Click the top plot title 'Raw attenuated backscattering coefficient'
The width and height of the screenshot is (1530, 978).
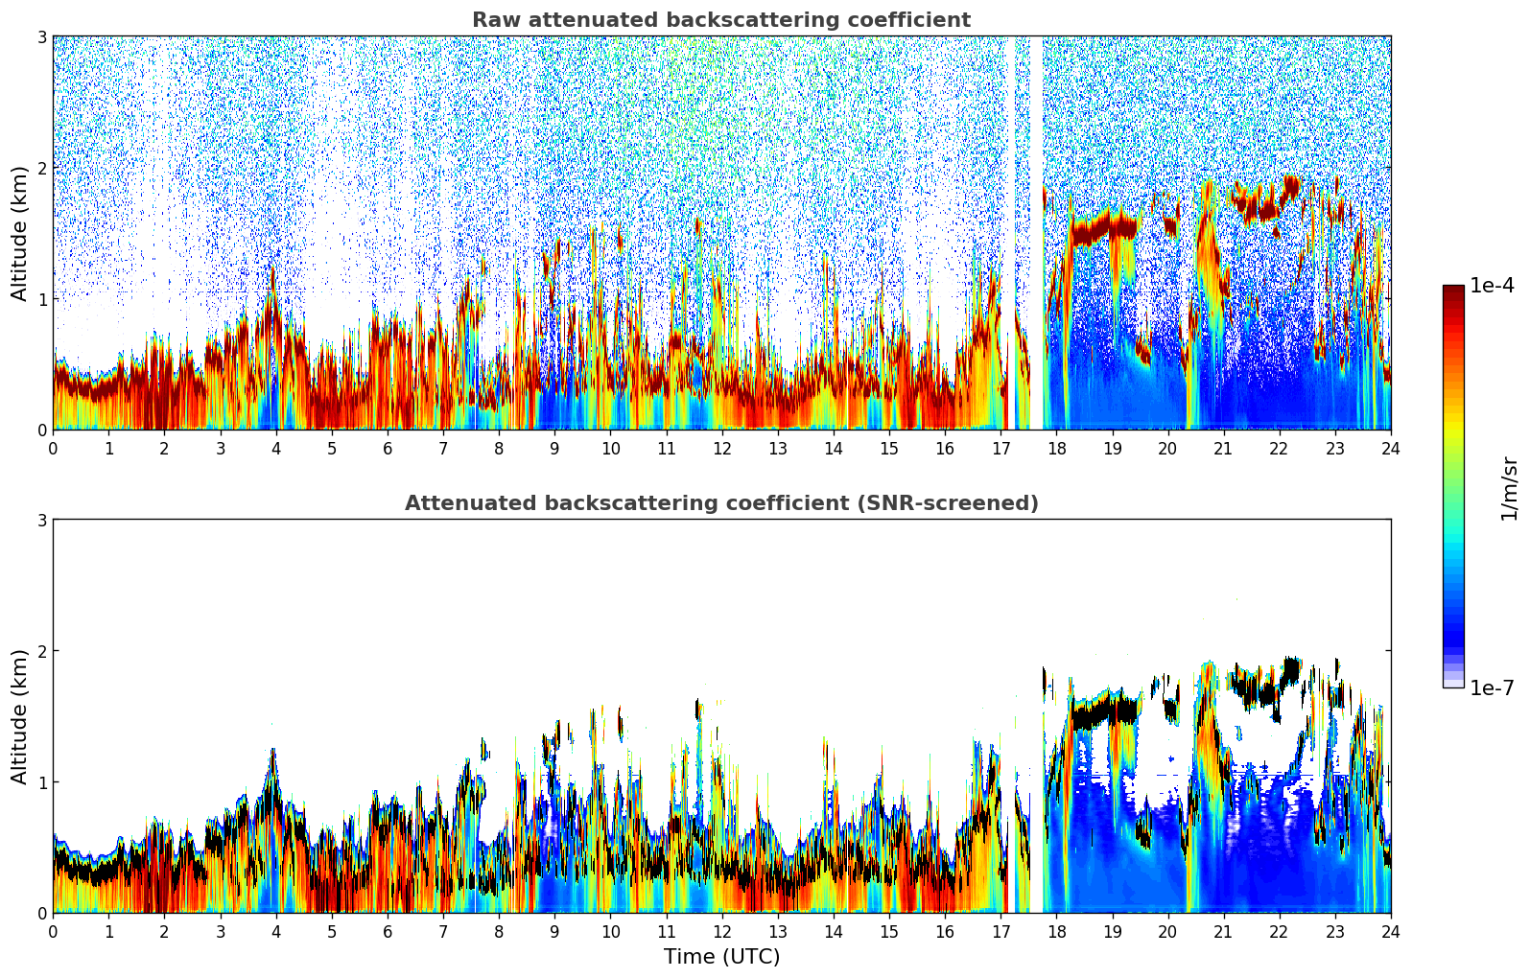721,20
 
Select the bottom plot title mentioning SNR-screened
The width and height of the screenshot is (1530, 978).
721,503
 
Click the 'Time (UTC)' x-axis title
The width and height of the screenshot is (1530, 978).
721,957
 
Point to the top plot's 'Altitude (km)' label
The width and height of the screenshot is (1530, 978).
19,233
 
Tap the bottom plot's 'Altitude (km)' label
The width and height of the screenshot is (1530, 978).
19,716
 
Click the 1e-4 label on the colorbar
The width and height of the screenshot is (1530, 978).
1492,286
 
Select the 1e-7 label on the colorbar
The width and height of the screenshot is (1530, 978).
1492,687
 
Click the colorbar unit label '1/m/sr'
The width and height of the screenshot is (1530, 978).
1509,488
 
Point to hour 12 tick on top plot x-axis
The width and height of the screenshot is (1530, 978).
721,448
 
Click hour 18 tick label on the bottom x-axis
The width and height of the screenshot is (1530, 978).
1056,931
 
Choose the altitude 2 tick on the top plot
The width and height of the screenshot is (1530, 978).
42,168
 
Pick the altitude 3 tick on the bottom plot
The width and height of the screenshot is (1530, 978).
42,520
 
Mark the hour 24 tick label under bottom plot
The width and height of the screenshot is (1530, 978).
1390,931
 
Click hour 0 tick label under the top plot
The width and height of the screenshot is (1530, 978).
53,448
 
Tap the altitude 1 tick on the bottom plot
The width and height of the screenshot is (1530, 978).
42,782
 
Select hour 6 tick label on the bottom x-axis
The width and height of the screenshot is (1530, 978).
388,931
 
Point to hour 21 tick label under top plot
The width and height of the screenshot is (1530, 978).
1223,448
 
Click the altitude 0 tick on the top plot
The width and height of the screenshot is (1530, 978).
42,431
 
